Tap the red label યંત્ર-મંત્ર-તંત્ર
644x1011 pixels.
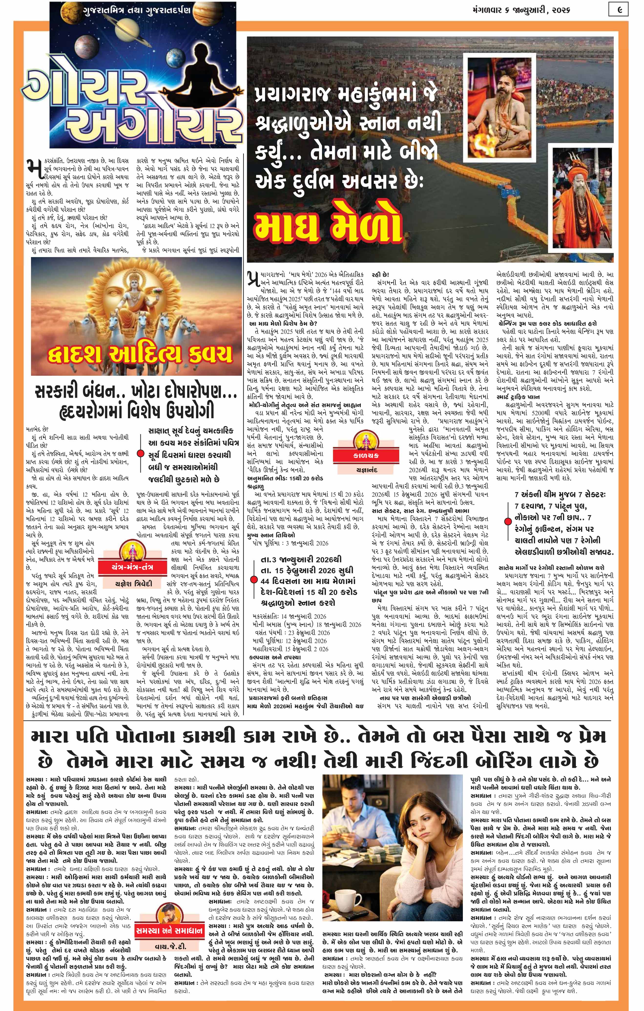[132, 567]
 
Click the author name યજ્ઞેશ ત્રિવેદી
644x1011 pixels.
[132, 584]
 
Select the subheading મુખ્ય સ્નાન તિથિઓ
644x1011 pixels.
[271, 535]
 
